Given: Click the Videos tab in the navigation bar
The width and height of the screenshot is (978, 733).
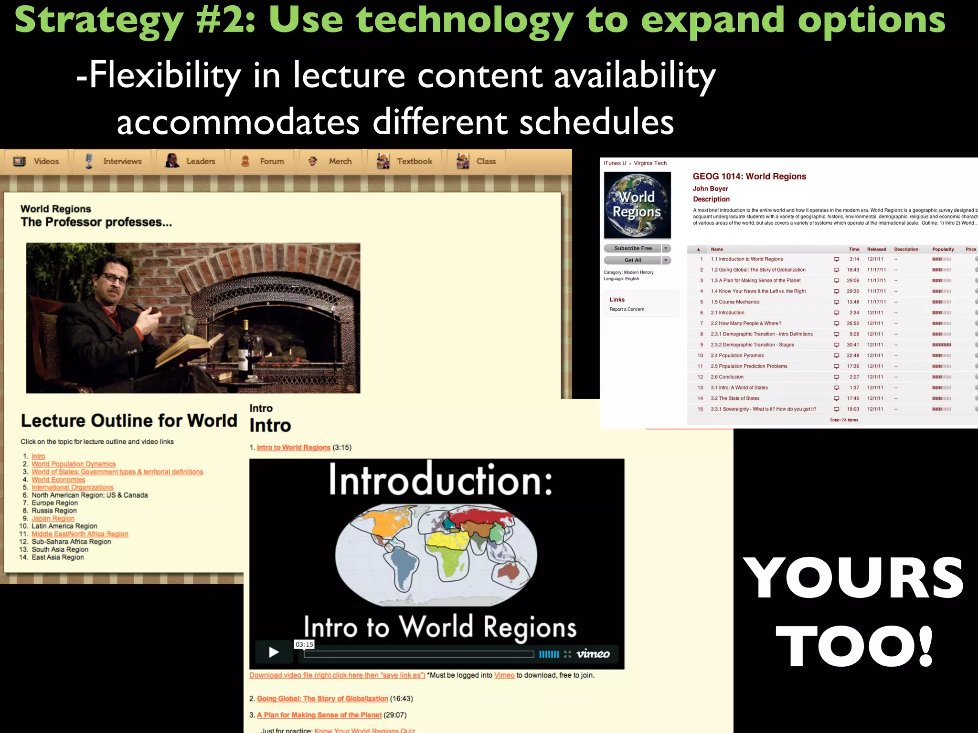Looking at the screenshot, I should (x=37, y=161).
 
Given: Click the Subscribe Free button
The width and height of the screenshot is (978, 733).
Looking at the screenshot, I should (x=633, y=248).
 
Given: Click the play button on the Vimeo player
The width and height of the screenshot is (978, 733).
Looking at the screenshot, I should (x=274, y=652).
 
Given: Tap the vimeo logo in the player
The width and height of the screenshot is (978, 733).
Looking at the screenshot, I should (x=593, y=654).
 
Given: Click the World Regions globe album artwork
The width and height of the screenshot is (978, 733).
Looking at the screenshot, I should (x=637, y=205).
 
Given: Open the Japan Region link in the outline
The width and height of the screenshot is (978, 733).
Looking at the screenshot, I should (x=53, y=519).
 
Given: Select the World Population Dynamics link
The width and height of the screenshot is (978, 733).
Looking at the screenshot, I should (x=74, y=464).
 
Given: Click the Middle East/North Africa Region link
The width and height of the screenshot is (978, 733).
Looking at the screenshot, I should (x=80, y=534).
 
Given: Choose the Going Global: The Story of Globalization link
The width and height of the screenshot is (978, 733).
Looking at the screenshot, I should (x=322, y=699).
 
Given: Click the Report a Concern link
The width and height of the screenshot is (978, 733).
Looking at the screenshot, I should (x=627, y=309).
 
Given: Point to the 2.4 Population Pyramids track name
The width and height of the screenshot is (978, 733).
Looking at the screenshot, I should (x=737, y=356).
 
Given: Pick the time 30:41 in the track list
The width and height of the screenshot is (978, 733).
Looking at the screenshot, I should (x=852, y=345).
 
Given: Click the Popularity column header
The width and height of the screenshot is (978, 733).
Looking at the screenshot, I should (x=943, y=249).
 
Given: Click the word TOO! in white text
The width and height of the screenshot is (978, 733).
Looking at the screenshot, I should (x=854, y=647).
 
